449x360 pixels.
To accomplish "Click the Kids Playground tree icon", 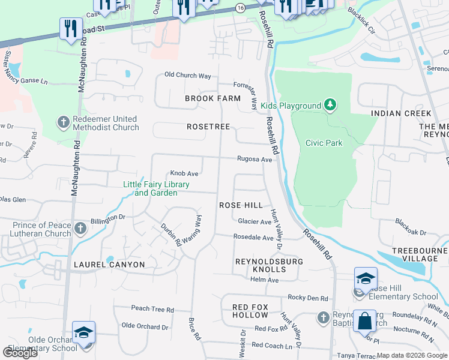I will [x=330, y=106].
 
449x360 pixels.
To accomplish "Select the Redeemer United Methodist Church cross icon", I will [x=64, y=123].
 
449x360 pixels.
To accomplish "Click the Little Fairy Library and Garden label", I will [x=156, y=188].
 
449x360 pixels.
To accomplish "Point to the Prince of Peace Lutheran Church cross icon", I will [x=81, y=229].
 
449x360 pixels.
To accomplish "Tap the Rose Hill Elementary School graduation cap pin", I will [x=366, y=280].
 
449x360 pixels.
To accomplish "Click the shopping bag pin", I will [x=364, y=322].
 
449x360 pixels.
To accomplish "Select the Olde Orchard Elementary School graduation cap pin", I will [x=84, y=334].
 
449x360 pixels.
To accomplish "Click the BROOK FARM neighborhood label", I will [x=212, y=98].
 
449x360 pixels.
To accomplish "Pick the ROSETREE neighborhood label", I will [x=208, y=127].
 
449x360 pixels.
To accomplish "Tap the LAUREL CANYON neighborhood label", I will [x=109, y=264].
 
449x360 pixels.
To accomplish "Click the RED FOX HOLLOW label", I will [x=250, y=311].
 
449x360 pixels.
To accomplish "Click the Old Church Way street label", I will [x=188, y=76].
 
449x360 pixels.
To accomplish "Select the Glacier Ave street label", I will [x=255, y=221].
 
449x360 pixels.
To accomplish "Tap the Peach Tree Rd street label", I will [x=152, y=309].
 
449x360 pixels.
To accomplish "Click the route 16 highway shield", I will [x=240, y=8].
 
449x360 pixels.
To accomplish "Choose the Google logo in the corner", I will [x=20, y=353].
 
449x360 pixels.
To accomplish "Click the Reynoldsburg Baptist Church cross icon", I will [x=323, y=316].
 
